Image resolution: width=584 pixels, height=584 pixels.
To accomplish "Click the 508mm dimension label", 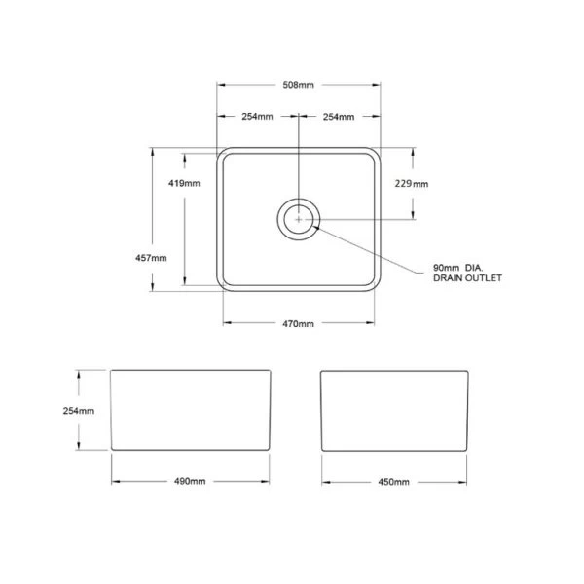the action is coord(298,85).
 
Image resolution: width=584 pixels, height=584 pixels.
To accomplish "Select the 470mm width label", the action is coord(298,324).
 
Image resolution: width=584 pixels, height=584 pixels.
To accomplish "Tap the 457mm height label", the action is coord(151,258).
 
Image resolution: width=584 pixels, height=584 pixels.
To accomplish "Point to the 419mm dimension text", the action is coord(184,183).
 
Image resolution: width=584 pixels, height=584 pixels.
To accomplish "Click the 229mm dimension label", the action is coord(412,184).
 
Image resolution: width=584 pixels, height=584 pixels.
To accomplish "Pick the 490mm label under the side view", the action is coord(190,481).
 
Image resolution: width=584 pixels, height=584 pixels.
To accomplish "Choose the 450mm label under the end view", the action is coord(393,482).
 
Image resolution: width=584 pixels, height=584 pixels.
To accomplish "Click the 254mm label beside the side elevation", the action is coord(79,411).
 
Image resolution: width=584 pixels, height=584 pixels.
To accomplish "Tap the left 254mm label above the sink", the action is coord(257,117).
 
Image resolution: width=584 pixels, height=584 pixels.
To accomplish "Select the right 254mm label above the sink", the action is coord(339,117).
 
